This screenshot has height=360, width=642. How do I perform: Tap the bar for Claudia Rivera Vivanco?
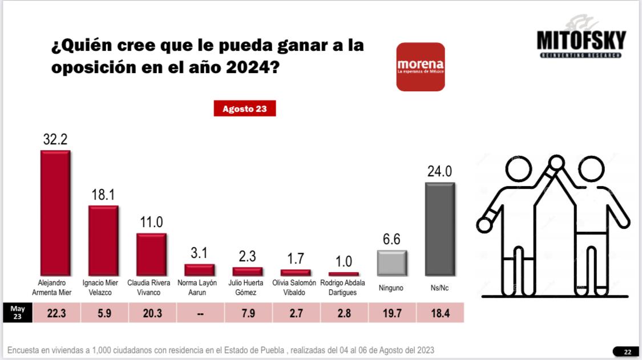pyautogui.click(x=151, y=254)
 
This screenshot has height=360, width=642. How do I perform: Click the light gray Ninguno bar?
pyautogui.click(x=391, y=263)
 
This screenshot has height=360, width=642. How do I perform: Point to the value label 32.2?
pyautogui.click(x=55, y=140)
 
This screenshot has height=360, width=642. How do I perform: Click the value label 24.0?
pyautogui.click(x=439, y=172)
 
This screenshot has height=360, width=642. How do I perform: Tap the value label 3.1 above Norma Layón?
pyautogui.click(x=199, y=253)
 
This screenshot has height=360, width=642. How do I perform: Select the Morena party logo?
pyautogui.click(x=421, y=67)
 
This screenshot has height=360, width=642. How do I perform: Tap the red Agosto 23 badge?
pyautogui.click(x=245, y=108)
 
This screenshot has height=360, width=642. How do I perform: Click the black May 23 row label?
pyautogui.click(x=18, y=313)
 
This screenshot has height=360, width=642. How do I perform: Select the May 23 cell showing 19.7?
pyautogui.click(x=391, y=313)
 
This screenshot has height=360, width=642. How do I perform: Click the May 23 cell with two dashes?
pyautogui.click(x=199, y=313)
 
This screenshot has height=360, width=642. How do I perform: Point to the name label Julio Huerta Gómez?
pyautogui.click(x=247, y=288)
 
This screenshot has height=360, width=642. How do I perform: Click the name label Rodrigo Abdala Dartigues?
pyautogui.click(x=343, y=288)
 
